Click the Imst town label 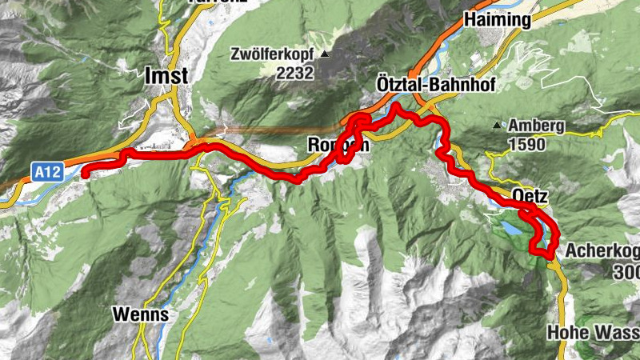tap(166, 75)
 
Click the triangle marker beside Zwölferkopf tap(325, 54)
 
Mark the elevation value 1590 tap(526, 145)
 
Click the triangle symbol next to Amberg tap(498, 126)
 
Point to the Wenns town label tap(141, 314)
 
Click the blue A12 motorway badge tap(48, 170)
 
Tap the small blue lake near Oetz tap(510, 230)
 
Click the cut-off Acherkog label tap(602, 251)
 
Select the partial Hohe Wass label tap(593, 331)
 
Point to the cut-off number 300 tap(626, 272)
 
